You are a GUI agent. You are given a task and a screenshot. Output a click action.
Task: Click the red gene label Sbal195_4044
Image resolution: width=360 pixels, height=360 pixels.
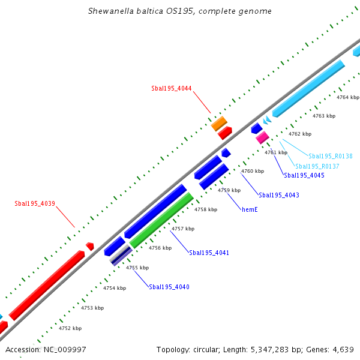[x=172, y=88]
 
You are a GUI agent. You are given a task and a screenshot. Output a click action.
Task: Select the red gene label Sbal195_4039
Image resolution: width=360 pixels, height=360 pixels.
[x=35, y=203]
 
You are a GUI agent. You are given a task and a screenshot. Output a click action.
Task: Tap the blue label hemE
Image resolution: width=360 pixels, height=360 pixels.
[x=250, y=209]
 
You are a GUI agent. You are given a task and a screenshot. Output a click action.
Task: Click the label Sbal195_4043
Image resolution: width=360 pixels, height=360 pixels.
[x=279, y=195]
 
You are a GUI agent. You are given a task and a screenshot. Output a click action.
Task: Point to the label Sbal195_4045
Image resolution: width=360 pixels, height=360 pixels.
[x=304, y=175]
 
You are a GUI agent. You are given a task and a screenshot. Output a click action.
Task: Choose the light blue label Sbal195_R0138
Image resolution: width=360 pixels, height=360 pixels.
[x=331, y=156]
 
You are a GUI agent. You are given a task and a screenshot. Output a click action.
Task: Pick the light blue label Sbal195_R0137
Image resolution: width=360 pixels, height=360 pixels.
[x=317, y=166]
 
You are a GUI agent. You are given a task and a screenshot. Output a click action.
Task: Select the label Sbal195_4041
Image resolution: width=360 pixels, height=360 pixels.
[x=209, y=253]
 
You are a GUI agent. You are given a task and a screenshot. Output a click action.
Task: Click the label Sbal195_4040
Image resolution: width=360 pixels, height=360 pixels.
[x=169, y=287]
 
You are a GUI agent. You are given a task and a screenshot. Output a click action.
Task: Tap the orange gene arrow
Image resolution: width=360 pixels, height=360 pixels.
[x=219, y=124]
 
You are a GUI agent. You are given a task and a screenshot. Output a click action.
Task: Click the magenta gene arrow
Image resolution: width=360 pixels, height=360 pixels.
[x=262, y=137]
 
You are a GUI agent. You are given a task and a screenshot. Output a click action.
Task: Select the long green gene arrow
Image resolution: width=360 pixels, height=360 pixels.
[x=161, y=220]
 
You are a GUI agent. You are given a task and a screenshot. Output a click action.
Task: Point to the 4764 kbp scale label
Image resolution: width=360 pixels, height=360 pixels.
[x=348, y=97]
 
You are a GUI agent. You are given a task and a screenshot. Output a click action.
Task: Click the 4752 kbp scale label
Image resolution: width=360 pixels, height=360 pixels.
[x=70, y=328]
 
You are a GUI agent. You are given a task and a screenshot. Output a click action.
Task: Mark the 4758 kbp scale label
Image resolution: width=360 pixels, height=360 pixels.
[x=206, y=209]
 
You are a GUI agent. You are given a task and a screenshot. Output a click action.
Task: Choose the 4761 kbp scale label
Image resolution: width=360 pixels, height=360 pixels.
[x=276, y=152]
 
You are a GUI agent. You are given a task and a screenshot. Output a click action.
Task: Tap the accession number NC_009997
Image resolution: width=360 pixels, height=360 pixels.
[x=64, y=349]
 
